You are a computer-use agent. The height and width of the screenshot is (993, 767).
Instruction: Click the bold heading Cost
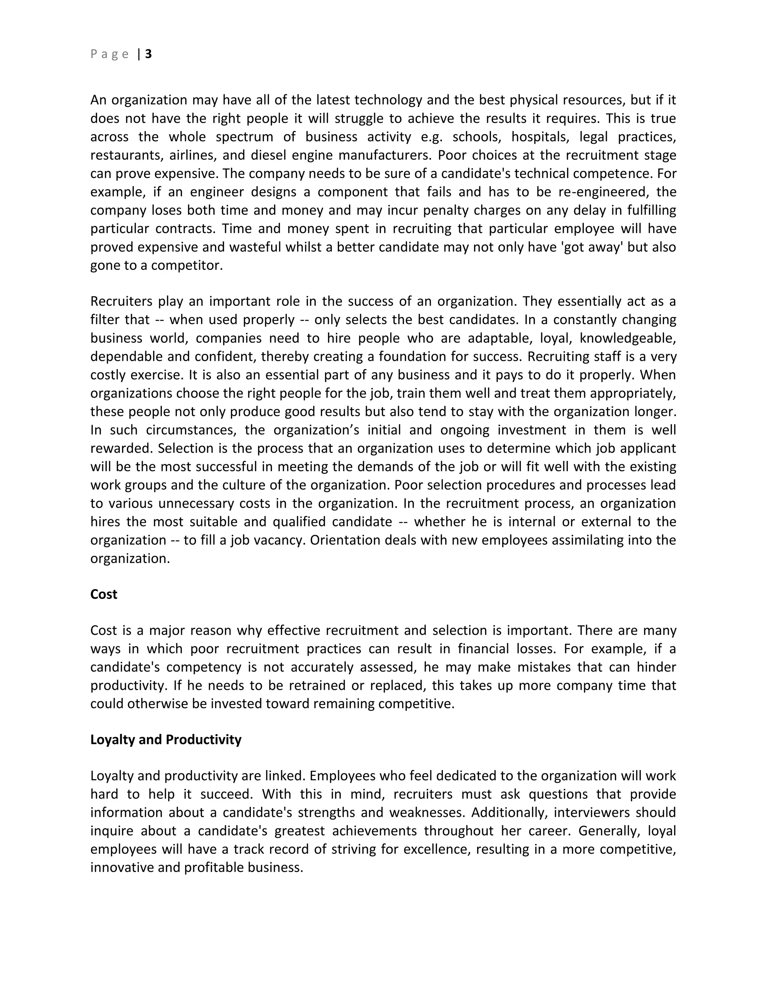pos(104,594)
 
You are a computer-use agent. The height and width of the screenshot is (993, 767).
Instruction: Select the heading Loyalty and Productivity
pos(166,739)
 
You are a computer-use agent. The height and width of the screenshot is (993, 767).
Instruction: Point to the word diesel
pos(264,156)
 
